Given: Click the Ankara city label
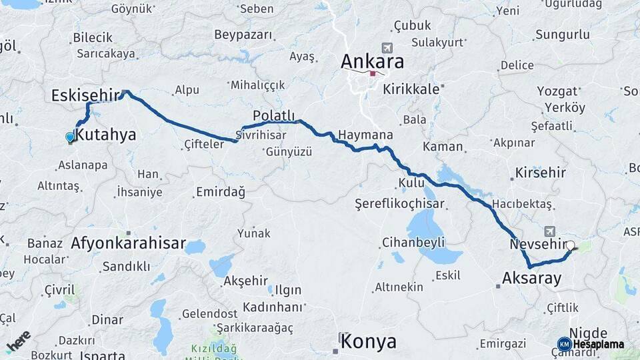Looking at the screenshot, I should click(372, 62).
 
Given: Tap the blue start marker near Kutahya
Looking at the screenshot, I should click(70, 138).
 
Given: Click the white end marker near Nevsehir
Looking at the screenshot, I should click(571, 245).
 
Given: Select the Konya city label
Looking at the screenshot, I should click(368, 342).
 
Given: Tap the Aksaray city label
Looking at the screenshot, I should click(531, 279).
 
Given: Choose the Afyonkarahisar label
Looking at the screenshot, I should click(127, 243).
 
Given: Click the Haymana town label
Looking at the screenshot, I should click(365, 135).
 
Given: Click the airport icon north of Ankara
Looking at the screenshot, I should click(386, 48).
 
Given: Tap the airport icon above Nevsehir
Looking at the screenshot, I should click(549, 231).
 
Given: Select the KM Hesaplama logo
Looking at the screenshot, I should click(591, 344).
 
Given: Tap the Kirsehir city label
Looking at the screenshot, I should click(540, 173).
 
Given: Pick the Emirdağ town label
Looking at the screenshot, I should click(220, 192).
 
